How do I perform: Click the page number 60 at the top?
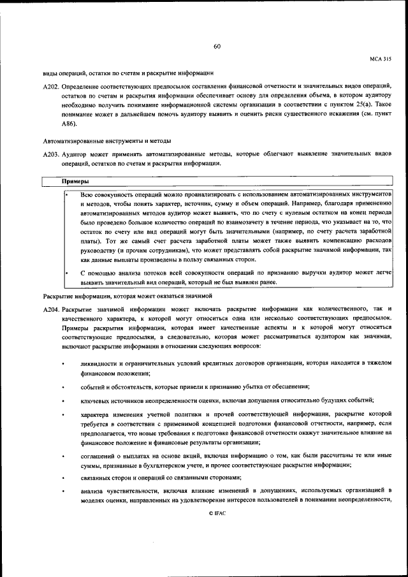(x=217, y=46)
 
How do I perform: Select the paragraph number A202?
(x=52, y=86)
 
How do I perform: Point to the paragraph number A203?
(x=52, y=154)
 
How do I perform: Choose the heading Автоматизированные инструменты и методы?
(x=108, y=140)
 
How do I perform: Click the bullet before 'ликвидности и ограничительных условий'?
(x=63, y=363)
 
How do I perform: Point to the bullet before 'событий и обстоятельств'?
(x=63, y=387)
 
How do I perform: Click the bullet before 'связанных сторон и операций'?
(x=63, y=478)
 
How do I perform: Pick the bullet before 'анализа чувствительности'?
(x=63, y=491)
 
